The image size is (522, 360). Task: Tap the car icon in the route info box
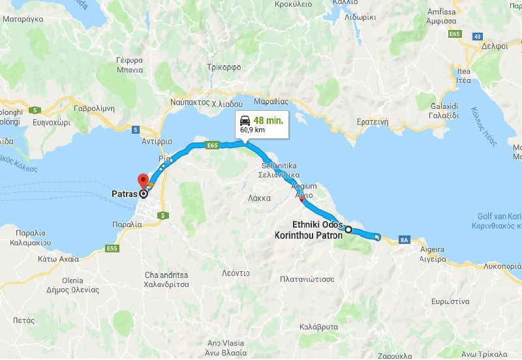(245, 121)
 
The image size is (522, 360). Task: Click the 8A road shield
(405, 240)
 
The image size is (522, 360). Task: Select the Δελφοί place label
(495, 46)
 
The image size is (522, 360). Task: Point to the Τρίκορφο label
(224, 67)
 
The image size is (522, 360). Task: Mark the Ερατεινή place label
(373, 121)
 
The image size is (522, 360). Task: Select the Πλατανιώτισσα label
(307, 279)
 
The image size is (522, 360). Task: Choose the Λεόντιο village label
(236, 273)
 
